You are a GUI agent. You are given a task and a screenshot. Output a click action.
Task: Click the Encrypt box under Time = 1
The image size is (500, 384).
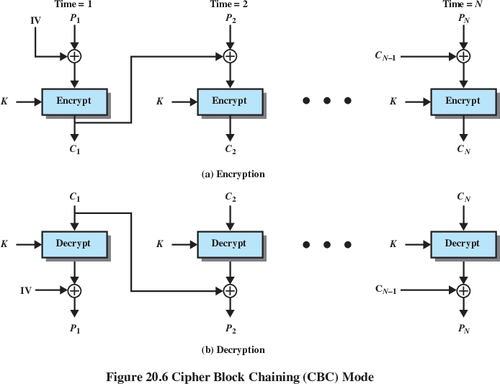(74, 102)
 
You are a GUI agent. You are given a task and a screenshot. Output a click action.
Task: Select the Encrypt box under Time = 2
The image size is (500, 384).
(229, 102)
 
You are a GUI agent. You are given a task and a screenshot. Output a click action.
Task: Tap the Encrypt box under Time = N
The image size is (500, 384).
(463, 102)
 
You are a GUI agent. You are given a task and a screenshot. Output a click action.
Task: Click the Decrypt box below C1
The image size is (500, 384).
(73, 244)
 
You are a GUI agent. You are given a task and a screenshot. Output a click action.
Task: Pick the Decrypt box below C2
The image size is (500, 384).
(229, 244)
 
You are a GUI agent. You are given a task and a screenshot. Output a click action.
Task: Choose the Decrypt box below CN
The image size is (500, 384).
(463, 244)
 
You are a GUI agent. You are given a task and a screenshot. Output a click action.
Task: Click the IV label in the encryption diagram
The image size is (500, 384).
(35, 21)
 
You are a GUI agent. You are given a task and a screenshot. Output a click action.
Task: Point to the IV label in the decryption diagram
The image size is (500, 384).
(26, 290)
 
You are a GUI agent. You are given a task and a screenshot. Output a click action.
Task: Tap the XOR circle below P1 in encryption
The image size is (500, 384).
(74, 55)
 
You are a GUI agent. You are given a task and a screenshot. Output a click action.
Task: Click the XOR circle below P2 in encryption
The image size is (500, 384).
(230, 55)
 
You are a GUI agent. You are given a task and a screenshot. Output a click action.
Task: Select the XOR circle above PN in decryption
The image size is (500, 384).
(463, 290)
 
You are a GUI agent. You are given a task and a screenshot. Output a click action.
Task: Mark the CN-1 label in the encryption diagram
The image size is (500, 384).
(386, 55)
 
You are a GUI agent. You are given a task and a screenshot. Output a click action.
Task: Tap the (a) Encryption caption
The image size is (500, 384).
(233, 174)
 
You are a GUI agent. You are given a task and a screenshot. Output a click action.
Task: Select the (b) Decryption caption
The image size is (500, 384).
(233, 350)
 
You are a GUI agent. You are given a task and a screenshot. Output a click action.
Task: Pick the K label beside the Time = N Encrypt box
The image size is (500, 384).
(393, 102)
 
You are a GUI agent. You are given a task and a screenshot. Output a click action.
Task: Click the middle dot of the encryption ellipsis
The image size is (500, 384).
(327, 102)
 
